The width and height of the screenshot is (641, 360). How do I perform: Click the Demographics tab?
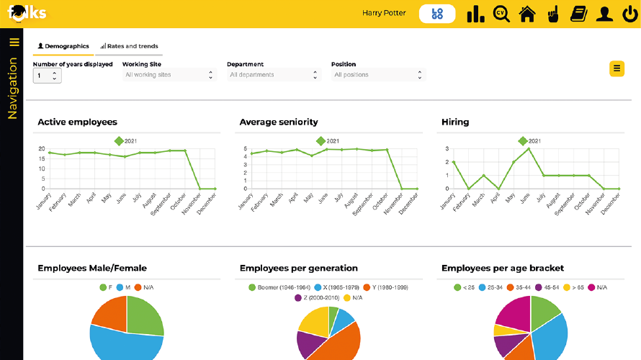coord(63,46)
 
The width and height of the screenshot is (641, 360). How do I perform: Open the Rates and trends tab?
coord(129,46)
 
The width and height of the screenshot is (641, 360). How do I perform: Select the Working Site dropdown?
coord(169,75)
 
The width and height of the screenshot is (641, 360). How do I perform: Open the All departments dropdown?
coord(274,75)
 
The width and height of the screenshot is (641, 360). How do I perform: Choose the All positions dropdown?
coord(378,75)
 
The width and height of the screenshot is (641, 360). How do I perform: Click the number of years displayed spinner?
coord(47,75)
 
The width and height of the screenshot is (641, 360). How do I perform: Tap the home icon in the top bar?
coord(527,14)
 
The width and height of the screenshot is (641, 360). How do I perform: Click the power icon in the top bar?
coord(628,14)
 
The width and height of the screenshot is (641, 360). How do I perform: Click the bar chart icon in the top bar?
coord(475,14)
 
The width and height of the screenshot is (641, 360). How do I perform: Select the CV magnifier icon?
coord(501,14)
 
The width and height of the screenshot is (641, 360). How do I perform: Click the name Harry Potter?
coord(384,13)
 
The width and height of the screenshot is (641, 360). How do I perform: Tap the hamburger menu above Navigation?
coord(14,42)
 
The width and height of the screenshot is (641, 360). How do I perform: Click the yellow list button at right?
coord(617,68)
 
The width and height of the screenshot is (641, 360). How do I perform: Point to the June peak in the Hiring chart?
coord(529,149)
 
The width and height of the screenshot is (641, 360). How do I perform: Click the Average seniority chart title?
coord(278,122)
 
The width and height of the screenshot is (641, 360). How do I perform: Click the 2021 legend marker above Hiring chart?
coord(523,141)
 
